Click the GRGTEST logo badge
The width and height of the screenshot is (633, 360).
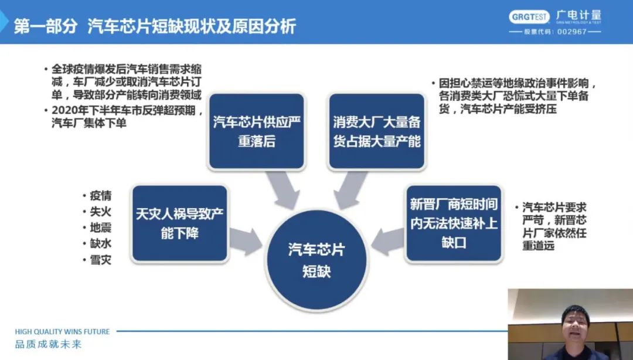tap(529, 16)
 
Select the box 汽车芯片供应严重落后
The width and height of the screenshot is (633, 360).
tap(257, 131)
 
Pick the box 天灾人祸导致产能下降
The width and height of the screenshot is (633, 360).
tap(179, 223)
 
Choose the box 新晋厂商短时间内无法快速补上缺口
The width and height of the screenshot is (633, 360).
tap(454, 223)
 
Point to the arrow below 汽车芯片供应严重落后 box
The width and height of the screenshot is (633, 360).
tap(285, 189)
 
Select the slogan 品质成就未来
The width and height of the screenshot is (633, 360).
tap(48, 345)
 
